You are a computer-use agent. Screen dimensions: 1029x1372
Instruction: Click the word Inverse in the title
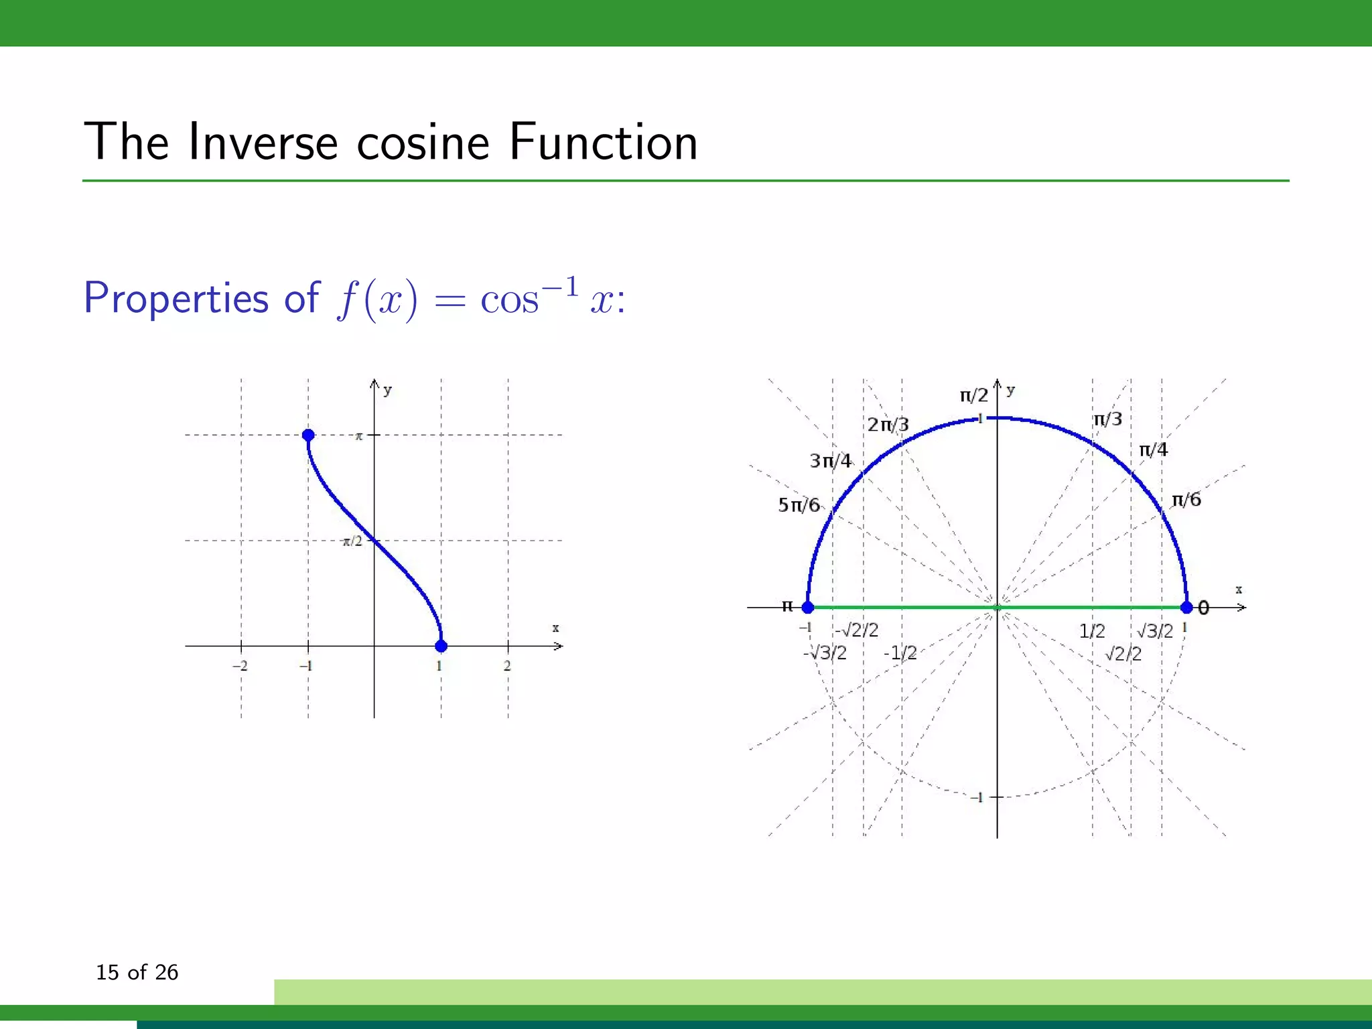[x=263, y=142]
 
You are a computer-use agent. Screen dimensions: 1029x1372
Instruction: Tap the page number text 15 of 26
[x=137, y=972]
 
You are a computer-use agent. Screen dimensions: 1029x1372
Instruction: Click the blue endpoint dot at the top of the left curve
[x=308, y=435]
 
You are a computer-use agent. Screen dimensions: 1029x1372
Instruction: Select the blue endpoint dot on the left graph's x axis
[x=441, y=646]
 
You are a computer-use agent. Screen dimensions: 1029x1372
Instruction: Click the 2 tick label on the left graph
[x=507, y=666]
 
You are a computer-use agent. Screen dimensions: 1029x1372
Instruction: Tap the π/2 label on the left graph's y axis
[x=352, y=541]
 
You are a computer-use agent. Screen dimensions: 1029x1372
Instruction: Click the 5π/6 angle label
[x=799, y=505]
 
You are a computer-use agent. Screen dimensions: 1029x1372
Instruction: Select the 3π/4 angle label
[x=830, y=461]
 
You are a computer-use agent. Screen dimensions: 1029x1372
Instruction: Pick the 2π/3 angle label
[x=888, y=425]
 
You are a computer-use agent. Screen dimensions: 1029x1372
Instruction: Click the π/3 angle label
[x=1107, y=419]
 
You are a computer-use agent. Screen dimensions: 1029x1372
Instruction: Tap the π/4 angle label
[x=1153, y=450]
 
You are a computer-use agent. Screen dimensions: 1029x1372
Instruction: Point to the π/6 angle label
[x=1186, y=500]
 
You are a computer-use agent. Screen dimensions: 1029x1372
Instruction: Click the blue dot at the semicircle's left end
[x=808, y=608]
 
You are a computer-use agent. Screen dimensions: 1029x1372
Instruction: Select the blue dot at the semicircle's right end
[x=1186, y=608]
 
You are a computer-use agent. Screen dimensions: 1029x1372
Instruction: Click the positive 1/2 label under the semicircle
[x=1092, y=631]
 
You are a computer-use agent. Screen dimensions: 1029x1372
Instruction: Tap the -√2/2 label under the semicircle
[x=856, y=630]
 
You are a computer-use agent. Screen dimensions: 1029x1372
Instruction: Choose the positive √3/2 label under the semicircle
[x=1155, y=631]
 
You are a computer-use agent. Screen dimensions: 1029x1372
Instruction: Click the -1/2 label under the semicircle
[x=900, y=653]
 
